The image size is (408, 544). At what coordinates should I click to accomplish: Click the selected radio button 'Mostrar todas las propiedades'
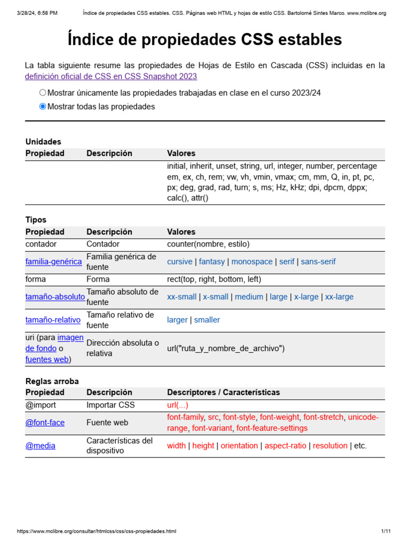tap(43, 106)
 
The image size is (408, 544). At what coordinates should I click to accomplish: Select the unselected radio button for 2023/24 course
tap(43, 92)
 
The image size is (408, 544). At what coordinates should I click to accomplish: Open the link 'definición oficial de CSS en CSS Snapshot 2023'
tap(110, 76)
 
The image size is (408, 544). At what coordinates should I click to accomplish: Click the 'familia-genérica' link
tap(54, 262)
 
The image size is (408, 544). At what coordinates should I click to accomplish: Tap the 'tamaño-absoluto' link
tap(55, 297)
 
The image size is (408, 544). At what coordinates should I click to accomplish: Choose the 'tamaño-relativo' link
tap(53, 320)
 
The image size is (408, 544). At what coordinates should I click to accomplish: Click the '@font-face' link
tap(45, 423)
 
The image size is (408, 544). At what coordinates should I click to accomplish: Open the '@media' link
tap(40, 446)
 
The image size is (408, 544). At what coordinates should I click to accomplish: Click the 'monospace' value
tap(252, 262)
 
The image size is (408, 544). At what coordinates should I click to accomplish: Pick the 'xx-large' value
tap(339, 297)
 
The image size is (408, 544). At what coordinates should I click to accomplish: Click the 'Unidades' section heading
tap(43, 142)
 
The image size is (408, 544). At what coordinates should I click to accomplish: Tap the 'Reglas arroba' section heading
tap(52, 381)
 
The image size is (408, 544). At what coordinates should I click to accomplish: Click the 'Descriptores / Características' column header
tap(223, 393)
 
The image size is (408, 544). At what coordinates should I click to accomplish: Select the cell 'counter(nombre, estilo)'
tap(208, 244)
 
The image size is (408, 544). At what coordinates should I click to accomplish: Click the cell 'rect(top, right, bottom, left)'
tap(214, 279)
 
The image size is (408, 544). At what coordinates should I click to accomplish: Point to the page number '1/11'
tap(386, 531)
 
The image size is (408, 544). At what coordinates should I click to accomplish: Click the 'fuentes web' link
tap(47, 359)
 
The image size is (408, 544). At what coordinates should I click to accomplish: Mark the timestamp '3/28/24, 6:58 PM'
tap(37, 13)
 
